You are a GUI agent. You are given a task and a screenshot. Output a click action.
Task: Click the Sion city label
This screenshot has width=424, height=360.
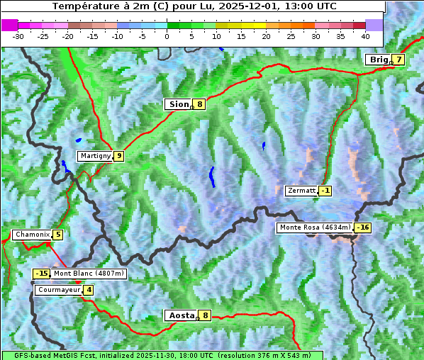(178, 104)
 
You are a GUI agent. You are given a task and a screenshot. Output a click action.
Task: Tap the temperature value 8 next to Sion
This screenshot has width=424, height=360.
(200, 104)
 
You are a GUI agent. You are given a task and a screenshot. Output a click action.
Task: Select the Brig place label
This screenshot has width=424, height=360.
(379, 60)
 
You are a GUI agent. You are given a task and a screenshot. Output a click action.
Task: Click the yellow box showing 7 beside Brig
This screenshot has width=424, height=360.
(399, 60)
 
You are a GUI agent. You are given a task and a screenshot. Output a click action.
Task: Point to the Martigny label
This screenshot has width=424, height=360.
(95, 156)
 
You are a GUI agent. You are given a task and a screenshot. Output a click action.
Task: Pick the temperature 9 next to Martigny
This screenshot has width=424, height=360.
(118, 156)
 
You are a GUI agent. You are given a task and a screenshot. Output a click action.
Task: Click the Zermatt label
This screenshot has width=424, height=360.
(301, 191)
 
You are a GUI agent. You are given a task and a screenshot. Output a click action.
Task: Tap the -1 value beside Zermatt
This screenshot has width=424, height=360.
(325, 191)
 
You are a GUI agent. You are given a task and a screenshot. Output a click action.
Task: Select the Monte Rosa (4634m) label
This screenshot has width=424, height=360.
(315, 227)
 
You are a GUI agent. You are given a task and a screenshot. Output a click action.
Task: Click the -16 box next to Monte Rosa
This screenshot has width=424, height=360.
(363, 227)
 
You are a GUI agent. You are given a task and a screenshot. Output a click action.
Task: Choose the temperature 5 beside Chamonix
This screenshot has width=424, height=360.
(57, 235)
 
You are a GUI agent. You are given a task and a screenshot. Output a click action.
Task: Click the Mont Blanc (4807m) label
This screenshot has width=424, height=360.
(89, 274)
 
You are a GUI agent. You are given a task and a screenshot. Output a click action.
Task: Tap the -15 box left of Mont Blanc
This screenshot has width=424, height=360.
(42, 274)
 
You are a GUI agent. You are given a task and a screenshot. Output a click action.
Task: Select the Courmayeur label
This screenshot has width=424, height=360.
(58, 290)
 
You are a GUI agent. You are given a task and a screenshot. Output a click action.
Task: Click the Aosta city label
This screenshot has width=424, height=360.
(180, 315)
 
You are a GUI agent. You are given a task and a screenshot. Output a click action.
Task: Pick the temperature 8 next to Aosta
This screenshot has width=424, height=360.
(205, 315)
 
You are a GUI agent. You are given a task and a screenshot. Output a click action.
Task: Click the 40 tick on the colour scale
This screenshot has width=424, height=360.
(365, 35)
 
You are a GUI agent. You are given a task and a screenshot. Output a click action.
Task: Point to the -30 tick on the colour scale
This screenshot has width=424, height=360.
(18, 35)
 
